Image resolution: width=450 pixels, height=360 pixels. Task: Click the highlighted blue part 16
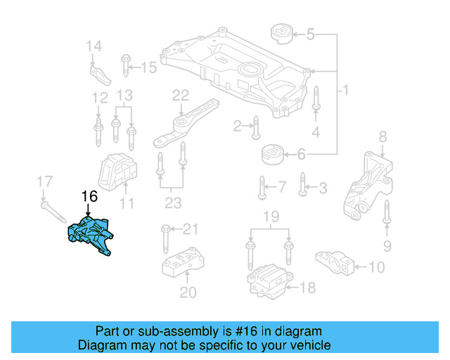click(x=91, y=235)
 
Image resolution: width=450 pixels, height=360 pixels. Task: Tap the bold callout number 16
click(x=89, y=196)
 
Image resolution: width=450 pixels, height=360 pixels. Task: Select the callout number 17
click(x=44, y=182)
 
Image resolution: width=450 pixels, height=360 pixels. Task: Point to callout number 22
click(x=181, y=95)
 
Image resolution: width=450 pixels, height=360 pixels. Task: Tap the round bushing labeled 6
click(x=271, y=154)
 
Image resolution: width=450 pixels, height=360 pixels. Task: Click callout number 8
click(x=382, y=136)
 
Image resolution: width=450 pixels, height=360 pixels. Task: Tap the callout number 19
click(x=269, y=216)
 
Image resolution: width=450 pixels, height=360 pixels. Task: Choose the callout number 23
click(x=172, y=204)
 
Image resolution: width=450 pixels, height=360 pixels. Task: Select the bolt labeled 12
click(x=99, y=130)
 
